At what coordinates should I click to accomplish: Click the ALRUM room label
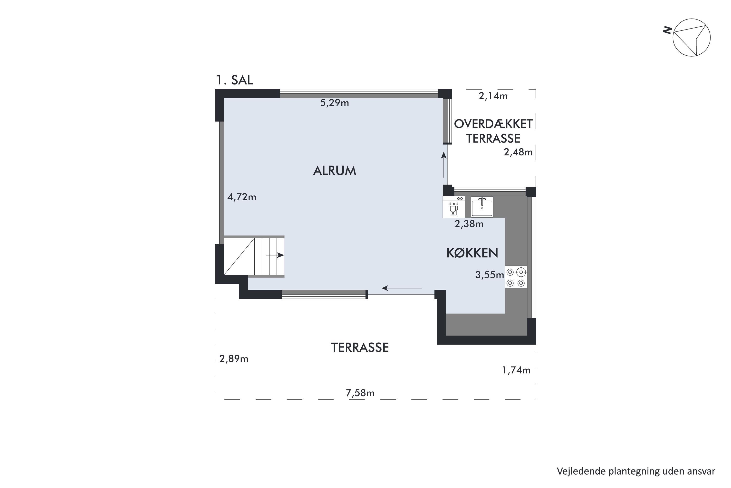pyautogui.click(x=334, y=171)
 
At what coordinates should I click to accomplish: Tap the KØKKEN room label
pyautogui.click(x=472, y=253)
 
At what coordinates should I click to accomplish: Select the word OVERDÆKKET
pyautogui.click(x=493, y=124)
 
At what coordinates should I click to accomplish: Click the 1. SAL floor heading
pyautogui.click(x=234, y=80)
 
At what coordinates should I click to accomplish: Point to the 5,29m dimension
pyautogui.click(x=334, y=103)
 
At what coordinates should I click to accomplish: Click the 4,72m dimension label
pyautogui.click(x=242, y=197)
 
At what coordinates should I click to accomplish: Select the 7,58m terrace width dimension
pyautogui.click(x=360, y=393)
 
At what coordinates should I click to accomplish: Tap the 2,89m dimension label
pyautogui.click(x=234, y=359)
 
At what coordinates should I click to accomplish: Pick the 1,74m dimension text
pyautogui.click(x=516, y=370)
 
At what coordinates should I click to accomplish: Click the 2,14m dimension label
pyautogui.click(x=493, y=96)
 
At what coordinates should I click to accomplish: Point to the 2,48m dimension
pyautogui.click(x=518, y=152)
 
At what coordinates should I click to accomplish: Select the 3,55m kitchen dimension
pyautogui.click(x=490, y=275)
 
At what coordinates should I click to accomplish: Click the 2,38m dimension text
pyautogui.click(x=469, y=224)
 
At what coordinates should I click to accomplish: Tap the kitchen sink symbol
pyautogui.click(x=482, y=207)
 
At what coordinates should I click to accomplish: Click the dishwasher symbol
pyautogui.click(x=454, y=207)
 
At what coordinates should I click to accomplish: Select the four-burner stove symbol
pyautogui.click(x=516, y=277)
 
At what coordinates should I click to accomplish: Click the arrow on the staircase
pyautogui.click(x=275, y=255)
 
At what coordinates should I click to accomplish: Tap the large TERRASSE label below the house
pyautogui.click(x=360, y=348)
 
